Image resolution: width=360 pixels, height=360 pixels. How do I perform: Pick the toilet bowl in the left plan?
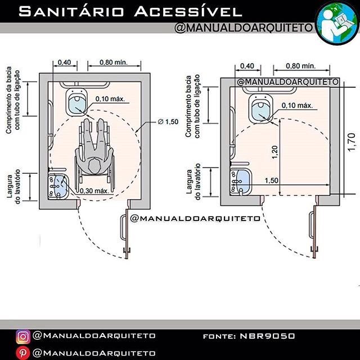point(76,102)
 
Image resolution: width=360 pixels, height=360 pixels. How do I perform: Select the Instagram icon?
point(23,336)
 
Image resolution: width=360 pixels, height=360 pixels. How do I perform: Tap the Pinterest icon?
point(23,353)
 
